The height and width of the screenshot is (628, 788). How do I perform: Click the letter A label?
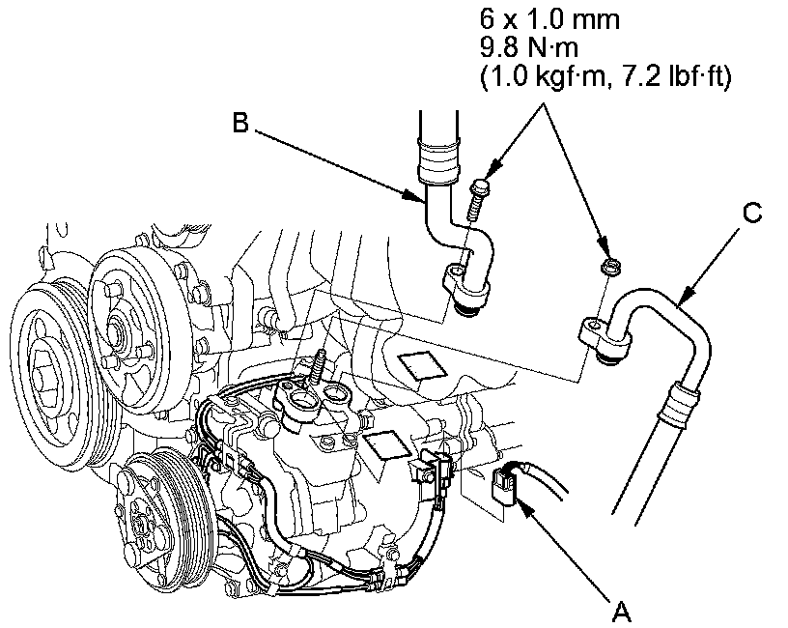pos(622,612)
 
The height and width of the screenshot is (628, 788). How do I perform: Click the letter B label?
pos(241,122)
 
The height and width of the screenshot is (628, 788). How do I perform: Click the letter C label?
pos(752,213)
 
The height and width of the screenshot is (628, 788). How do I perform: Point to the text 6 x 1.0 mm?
pos(549,19)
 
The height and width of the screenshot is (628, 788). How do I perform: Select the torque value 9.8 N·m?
pos(529,48)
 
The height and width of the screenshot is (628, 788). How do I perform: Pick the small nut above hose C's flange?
pos(609,266)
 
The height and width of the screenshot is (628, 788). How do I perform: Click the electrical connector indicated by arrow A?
pos(504,486)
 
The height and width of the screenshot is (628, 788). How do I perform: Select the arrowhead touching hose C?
pos(684,298)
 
